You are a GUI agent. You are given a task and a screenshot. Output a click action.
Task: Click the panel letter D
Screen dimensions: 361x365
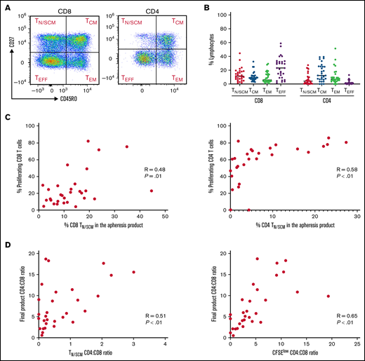coord(6,245)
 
